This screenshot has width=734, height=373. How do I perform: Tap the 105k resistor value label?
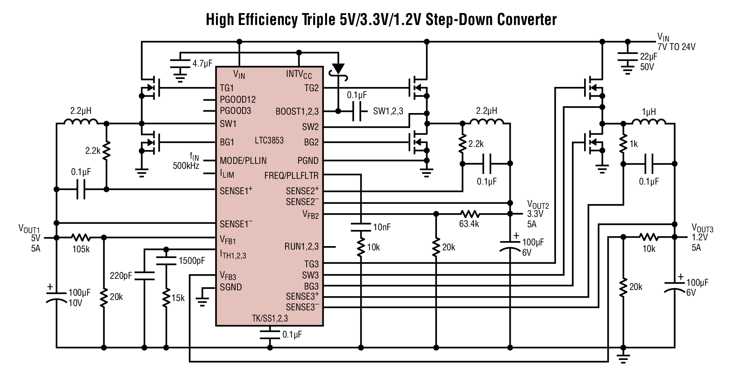pos(81,249)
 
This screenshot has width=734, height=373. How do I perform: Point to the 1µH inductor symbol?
pos(649,122)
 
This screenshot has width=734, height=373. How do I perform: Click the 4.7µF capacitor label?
pos(203,63)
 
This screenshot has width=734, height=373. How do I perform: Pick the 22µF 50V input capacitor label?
pos(648,62)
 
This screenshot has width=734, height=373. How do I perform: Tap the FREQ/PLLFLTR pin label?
pos(291,176)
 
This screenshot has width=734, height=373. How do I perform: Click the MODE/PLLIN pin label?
pos(243,160)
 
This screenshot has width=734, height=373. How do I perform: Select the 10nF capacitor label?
pos(382,227)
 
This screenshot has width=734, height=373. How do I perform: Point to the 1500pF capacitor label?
pos(192,261)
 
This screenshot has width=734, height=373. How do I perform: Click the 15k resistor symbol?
pos(166,296)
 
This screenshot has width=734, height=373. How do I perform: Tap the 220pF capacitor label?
pos(121,275)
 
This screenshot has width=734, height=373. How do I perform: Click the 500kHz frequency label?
pos(186,166)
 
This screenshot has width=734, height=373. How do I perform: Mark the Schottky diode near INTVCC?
pos(338,68)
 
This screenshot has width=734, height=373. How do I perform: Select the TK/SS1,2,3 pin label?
pos(270,318)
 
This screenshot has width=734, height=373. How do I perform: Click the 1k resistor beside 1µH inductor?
pos(623,143)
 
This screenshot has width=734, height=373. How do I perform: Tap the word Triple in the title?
pos(317,20)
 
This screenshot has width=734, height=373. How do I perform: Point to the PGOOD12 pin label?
pos(237,100)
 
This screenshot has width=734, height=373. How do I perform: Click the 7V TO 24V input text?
pos(676,47)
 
